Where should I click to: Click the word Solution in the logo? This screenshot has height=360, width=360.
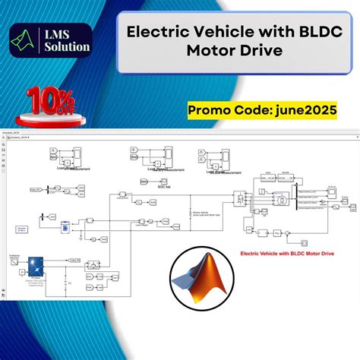pyautogui.click(x=67, y=47)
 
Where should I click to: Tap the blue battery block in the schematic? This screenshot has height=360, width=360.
pyautogui.click(x=65, y=226)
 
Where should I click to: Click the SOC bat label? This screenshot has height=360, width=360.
pyautogui.click(x=150, y=183)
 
